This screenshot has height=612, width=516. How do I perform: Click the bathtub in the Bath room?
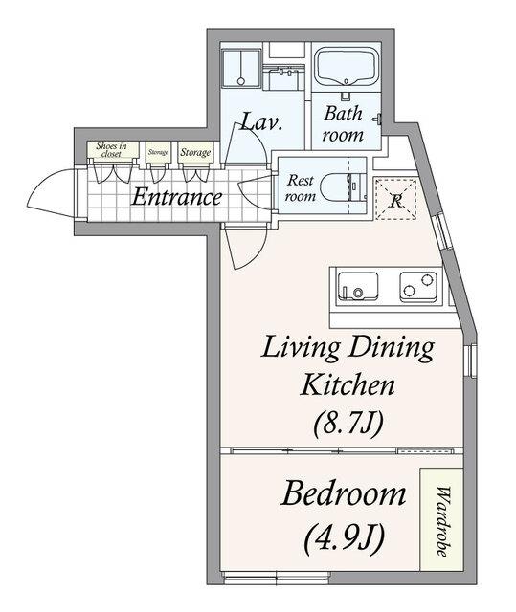[x=346, y=66]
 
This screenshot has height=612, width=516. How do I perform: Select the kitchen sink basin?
[x=358, y=287]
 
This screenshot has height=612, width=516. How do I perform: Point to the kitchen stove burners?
[x=418, y=287]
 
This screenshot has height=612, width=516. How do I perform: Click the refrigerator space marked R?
[x=395, y=199]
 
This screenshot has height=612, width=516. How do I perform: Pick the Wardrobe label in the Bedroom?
[x=442, y=521]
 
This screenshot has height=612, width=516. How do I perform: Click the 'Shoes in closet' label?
[x=112, y=150]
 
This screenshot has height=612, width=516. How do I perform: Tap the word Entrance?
[x=177, y=197]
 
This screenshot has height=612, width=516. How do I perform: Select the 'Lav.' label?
[x=261, y=122]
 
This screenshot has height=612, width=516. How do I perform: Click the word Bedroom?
[x=344, y=493]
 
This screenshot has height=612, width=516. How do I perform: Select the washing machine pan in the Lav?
[x=241, y=68]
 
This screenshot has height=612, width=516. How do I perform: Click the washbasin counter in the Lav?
[x=283, y=78]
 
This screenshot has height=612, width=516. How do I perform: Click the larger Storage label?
[x=195, y=152]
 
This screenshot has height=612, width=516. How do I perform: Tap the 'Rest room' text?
[x=301, y=187]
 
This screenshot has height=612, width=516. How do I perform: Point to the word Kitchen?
[x=348, y=384]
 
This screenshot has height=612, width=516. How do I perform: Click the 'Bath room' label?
[x=343, y=124]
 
